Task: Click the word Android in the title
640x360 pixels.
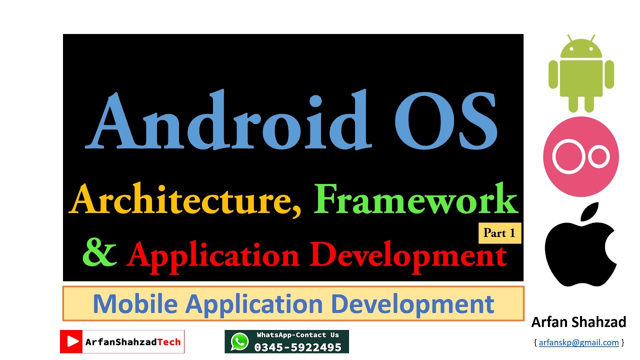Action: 228,120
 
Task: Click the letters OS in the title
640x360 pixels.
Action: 446,120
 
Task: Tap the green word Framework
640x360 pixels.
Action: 416,198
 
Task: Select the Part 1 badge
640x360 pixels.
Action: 499,233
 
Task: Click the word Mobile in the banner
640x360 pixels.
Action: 135,303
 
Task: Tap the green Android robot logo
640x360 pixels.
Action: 581,73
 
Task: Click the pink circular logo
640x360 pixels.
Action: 581,156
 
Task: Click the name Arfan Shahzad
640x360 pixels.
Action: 578,322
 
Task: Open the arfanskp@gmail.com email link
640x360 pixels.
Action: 578,342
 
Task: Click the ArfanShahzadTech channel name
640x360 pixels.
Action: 133,341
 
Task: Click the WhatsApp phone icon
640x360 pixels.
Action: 239,341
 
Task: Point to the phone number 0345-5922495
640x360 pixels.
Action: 297,347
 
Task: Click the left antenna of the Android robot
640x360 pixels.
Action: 570,38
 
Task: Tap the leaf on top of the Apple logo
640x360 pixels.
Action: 589,211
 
